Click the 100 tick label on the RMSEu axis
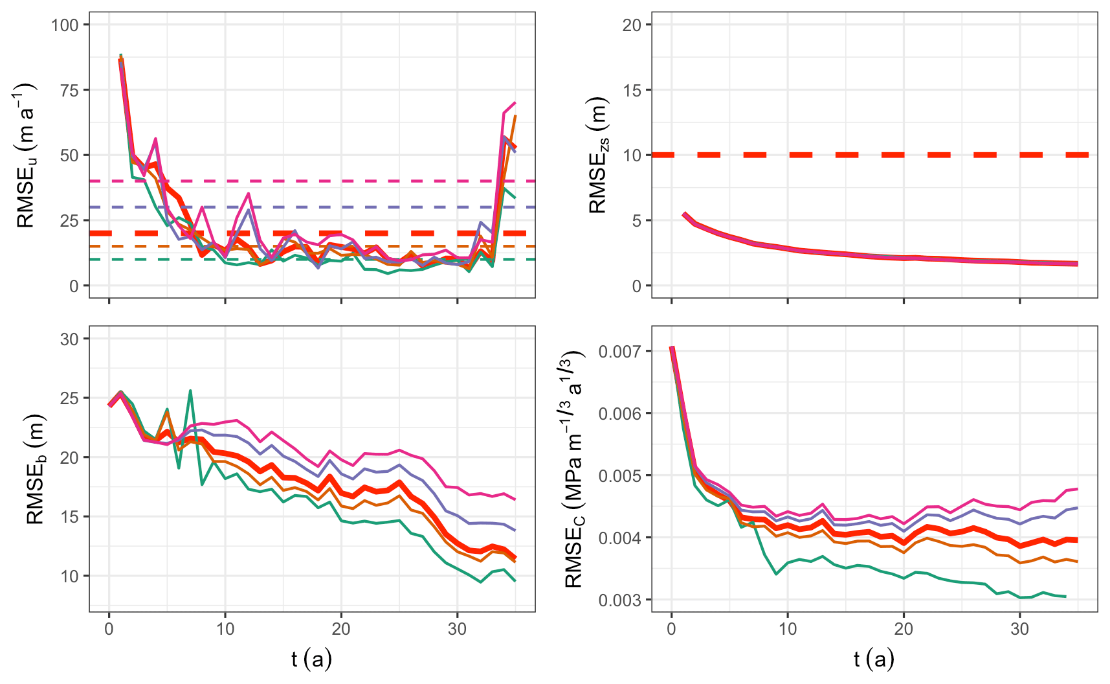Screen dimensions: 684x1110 [65, 25]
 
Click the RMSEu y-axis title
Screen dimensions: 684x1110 [26, 155]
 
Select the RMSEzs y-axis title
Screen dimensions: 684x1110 [598, 155]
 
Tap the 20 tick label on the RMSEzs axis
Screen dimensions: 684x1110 [632, 25]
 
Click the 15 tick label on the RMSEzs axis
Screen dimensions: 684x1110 [632, 90]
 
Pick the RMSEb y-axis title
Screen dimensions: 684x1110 [35, 468]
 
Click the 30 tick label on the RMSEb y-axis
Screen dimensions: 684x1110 [69, 339]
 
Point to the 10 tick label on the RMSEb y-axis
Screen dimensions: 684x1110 [69, 576]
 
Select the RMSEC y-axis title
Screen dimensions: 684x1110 [575, 468]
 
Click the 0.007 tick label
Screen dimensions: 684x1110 [619, 352]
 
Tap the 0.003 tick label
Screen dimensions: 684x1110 [619, 600]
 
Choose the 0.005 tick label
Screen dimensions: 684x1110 [619, 476]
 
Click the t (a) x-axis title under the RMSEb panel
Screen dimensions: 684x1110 [311, 659]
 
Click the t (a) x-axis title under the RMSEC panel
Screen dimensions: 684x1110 [874, 659]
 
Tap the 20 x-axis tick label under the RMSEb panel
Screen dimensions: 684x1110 [341, 629]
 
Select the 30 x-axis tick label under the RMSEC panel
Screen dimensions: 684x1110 [1019, 629]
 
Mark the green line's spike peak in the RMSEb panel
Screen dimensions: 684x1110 [190, 391]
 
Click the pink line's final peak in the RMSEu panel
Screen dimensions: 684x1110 [515, 103]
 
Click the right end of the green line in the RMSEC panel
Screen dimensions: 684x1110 [1065, 597]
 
